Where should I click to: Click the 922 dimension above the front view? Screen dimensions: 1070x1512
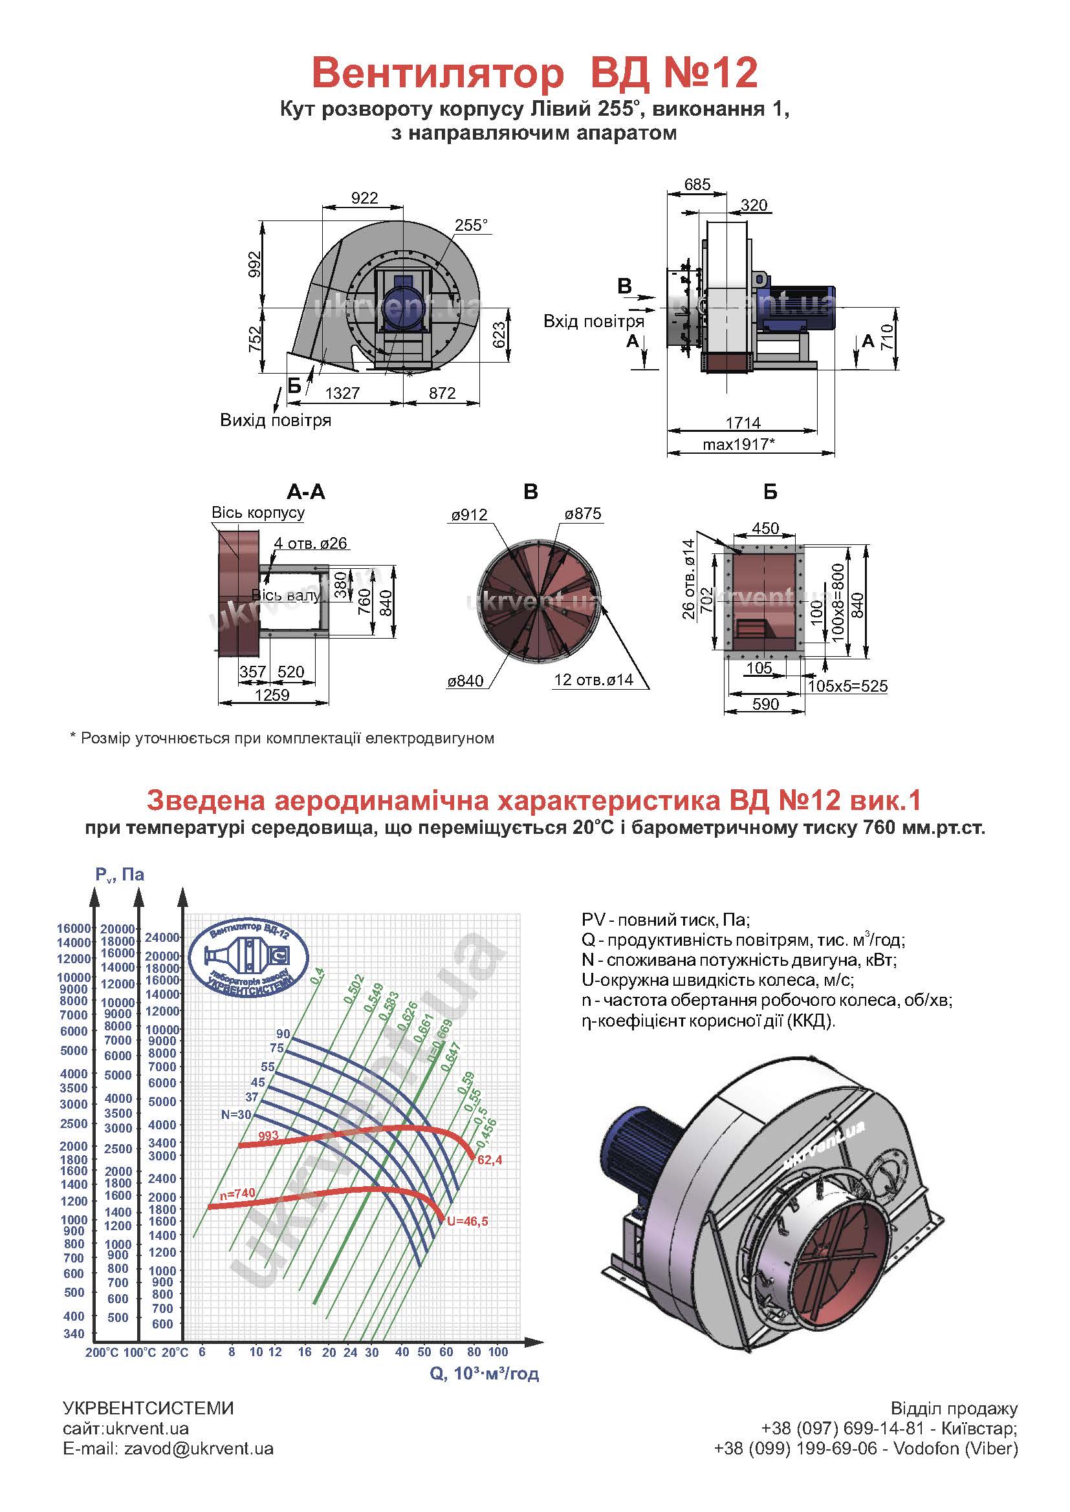364,198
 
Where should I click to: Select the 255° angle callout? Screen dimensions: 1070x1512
471,225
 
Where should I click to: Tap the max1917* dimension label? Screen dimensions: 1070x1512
738,444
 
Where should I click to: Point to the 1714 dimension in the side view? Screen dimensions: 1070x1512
743,423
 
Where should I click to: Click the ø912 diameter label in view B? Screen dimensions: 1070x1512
469,515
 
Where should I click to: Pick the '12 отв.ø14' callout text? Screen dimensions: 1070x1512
594,679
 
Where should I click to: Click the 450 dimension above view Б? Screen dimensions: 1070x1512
765,528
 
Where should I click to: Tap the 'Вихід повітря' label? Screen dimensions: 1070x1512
276,420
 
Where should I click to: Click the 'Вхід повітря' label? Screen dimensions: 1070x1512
593,321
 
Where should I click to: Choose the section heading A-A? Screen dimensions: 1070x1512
306,491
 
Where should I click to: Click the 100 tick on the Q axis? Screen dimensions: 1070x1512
497,1352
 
